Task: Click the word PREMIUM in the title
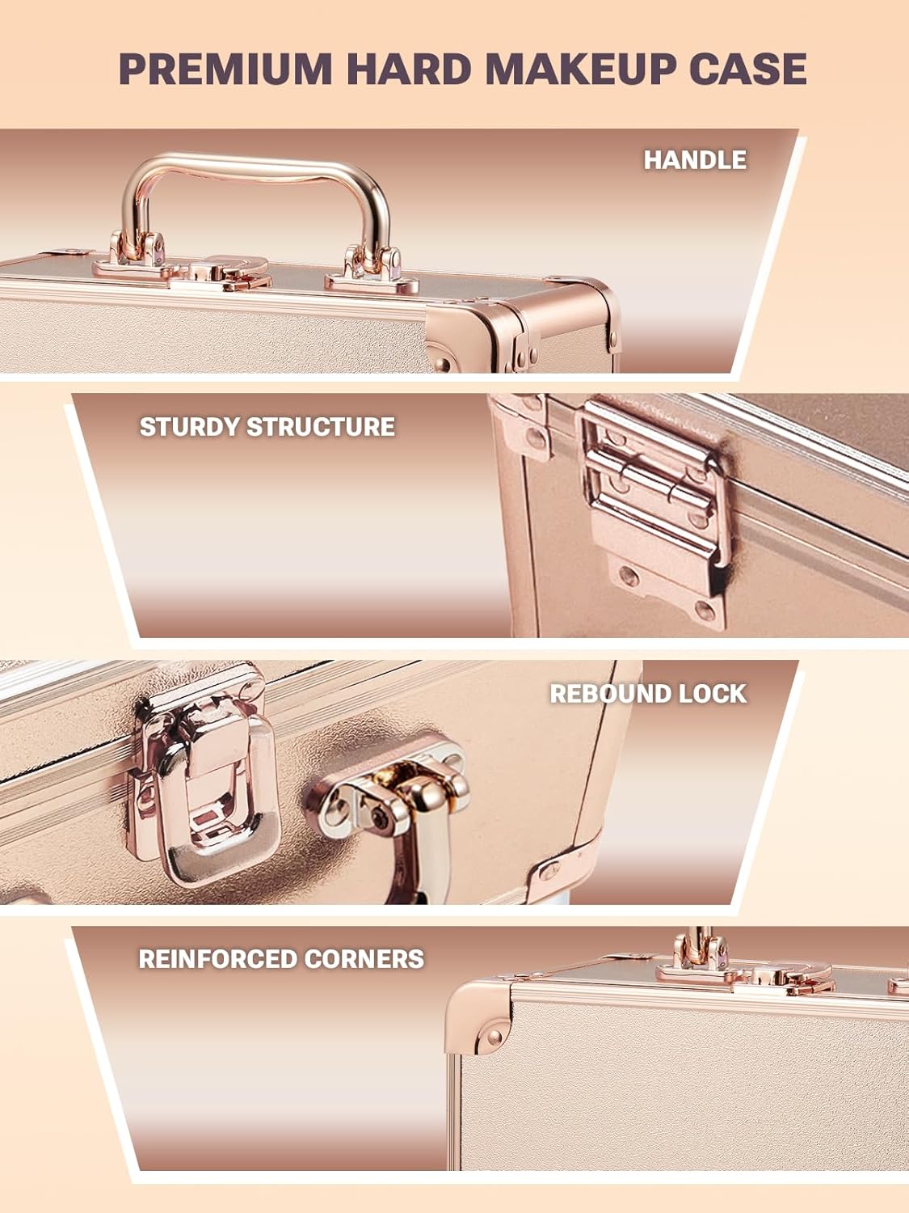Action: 225,68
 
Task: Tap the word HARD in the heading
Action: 409,68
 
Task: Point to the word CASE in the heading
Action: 747,68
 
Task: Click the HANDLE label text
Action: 695,159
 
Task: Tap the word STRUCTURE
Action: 320,426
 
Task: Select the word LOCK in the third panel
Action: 714,693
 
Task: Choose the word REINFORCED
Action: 207,958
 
